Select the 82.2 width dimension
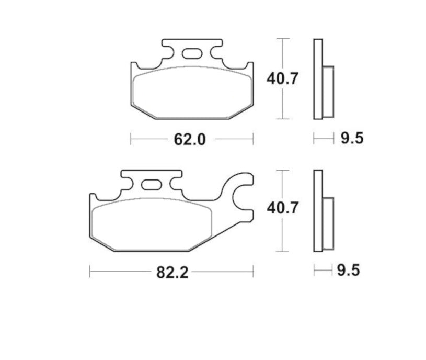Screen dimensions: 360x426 pyautogui.click(x=172, y=272)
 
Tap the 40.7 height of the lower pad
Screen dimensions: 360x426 pyautogui.click(x=282, y=208)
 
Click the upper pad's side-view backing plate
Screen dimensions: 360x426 pyautogui.click(x=317, y=78)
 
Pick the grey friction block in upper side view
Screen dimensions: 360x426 pyautogui.click(x=328, y=91)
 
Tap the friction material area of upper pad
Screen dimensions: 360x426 pyautogui.click(x=191, y=92)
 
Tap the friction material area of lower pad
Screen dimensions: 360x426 pyautogui.click(x=152, y=222)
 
